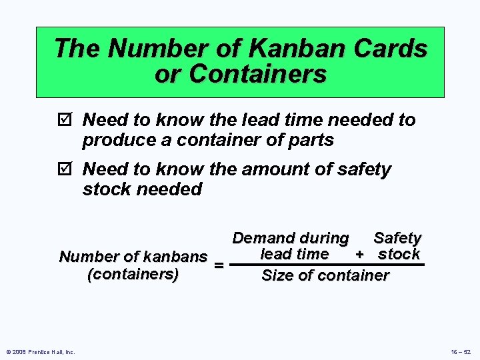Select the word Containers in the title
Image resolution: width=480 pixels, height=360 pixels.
(x=258, y=74)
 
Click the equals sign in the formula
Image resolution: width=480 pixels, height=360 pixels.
(x=217, y=265)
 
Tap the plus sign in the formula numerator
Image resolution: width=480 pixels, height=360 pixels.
(x=359, y=255)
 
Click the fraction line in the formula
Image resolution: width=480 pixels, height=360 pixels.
(x=327, y=265)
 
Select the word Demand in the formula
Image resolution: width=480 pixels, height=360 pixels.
(x=261, y=238)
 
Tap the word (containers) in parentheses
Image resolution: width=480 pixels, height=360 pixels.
(x=133, y=274)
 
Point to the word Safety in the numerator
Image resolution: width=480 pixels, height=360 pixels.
(x=397, y=238)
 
